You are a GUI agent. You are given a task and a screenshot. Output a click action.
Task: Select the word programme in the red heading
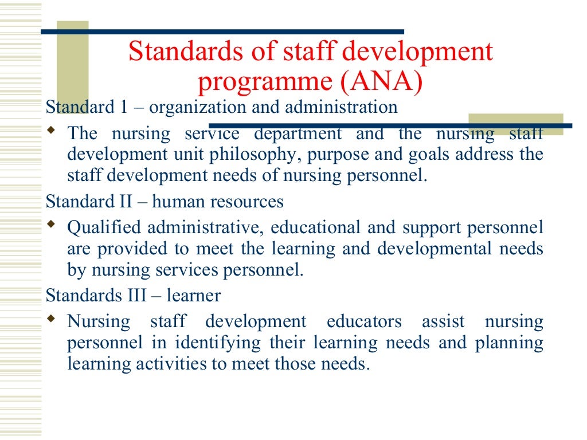(x=264, y=82)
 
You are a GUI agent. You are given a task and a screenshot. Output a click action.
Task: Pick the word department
(x=298, y=134)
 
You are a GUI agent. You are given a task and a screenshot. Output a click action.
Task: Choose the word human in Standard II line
(x=171, y=202)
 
